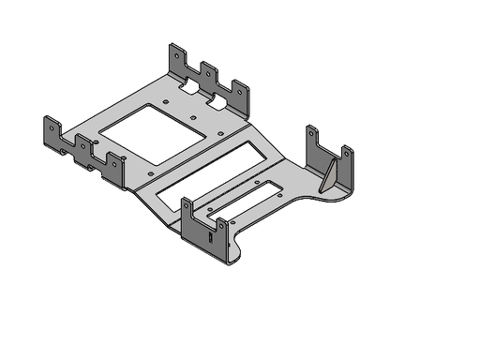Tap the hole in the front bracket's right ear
pyautogui.click(x=221, y=226)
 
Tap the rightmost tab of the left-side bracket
pyautogui.click(x=115, y=167)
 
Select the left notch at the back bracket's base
pyautogui.click(x=190, y=85)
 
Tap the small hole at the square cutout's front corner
pyautogui.click(x=153, y=174)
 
